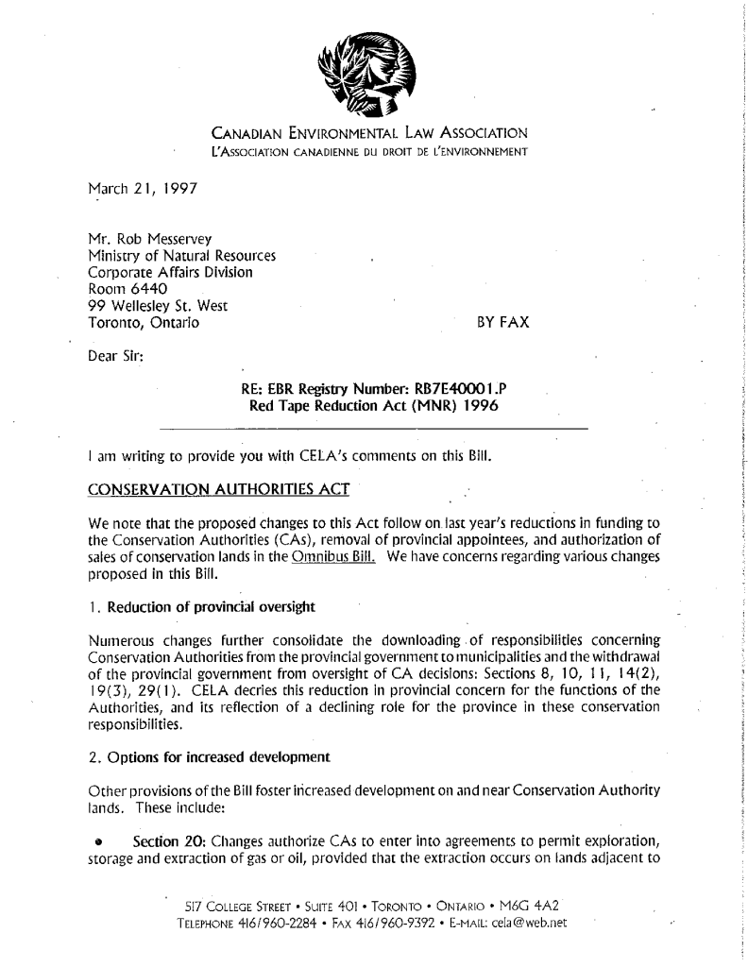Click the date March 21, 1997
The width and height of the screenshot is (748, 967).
137,189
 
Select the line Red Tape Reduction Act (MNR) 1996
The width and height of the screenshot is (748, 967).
373,407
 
